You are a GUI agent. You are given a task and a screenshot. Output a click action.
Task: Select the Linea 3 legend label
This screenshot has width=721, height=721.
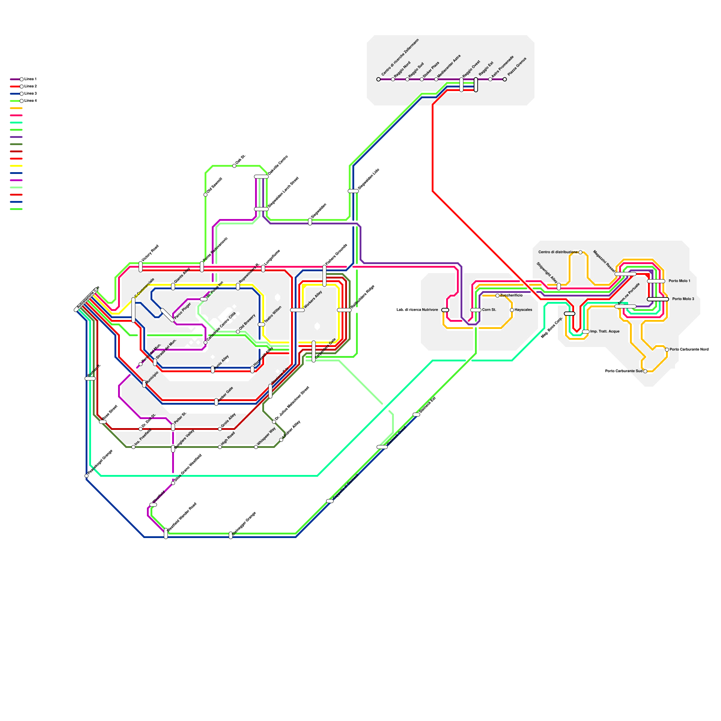(x=31, y=94)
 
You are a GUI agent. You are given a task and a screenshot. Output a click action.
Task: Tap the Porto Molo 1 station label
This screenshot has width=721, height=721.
(x=679, y=281)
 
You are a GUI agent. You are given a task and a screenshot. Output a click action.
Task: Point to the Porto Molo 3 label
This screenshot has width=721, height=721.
(x=683, y=299)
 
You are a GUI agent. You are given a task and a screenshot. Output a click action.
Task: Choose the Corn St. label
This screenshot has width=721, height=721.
(x=489, y=310)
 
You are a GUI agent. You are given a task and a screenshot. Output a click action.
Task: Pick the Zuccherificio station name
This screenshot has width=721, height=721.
(x=511, y=296)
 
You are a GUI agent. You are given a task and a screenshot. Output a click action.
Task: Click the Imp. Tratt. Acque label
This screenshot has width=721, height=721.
(x=605, y=332)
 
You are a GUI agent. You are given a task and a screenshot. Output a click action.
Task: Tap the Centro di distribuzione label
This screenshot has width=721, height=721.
(x=558, y=252)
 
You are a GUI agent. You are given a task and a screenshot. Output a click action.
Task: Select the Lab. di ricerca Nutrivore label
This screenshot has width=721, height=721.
(x=417, y=310)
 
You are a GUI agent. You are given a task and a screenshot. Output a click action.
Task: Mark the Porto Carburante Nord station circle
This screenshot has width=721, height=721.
(x=667, y=350)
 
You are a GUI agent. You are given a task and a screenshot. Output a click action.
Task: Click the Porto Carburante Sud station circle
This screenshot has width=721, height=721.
(x=645, y=371)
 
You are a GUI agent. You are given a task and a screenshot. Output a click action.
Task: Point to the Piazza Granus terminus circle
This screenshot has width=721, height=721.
(x=505, y=79)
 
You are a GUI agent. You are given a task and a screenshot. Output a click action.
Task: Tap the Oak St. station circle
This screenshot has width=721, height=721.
(x=234, y=166)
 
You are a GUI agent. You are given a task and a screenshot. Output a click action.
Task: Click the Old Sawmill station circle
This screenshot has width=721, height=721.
(x=205, y=195)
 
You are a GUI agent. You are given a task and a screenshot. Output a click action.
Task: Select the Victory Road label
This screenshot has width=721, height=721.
(x=150, y=253)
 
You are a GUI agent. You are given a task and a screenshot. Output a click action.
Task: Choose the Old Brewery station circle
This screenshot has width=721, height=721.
(x=238, y=332)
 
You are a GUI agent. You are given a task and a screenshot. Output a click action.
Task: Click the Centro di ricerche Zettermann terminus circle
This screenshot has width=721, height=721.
(x=379, y=79)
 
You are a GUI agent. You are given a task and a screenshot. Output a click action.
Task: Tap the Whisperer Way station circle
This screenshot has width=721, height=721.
(x=256, y=447)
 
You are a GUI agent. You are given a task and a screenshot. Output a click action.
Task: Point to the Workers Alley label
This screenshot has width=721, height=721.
(x=314, y=300)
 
